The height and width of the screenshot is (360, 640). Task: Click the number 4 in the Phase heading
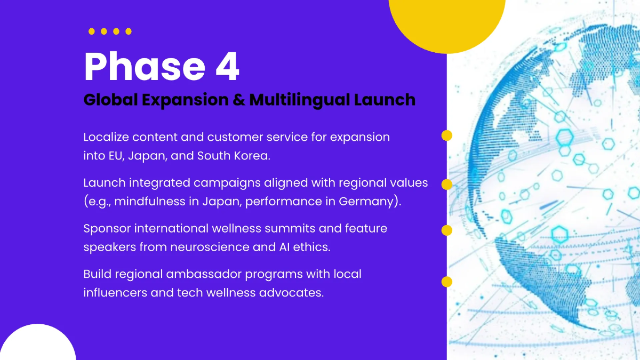[x=227, y=67]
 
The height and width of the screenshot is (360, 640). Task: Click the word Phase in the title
[x=145, y=67]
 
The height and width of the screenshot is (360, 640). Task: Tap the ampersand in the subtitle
[x=239, y=100]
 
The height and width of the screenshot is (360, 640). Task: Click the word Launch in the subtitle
[x=385, y=100]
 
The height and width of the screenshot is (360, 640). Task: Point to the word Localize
[x=106, y=137]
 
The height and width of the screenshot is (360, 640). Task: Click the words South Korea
[x=234, y=156]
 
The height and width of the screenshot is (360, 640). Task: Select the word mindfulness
[x=150, y=202]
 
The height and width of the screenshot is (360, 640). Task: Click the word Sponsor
[x=107, y=229]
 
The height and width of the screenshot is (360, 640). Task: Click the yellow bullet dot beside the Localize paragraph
[x=447, y=135]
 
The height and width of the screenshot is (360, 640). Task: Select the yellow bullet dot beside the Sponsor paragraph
[x=447, y=230]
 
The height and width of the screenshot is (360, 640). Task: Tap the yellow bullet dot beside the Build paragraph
[x=447, y=282]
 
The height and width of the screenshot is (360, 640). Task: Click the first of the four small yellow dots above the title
[x=91, y=31]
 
